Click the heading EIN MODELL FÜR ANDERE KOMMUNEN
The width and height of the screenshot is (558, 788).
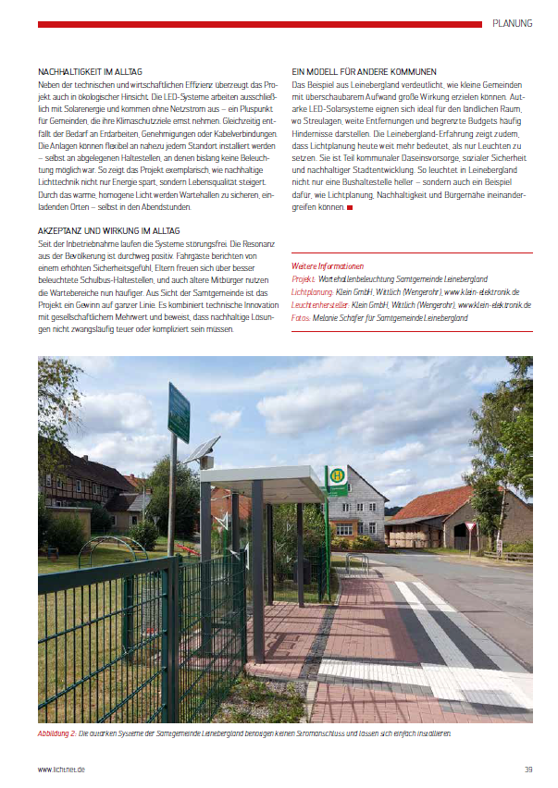pyautogui.click(x=364, y=71)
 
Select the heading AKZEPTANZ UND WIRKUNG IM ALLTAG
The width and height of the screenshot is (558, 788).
pyautogui.click(x=109, y=229)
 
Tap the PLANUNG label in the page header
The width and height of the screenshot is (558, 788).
pyautogui.click(x=512, y=22)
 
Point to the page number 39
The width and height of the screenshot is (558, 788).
pyautogui.click(x=528, y=769)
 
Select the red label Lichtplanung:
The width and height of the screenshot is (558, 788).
pyautogui.click(x=312, y=291)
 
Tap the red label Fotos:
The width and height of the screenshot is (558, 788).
pyautogui.click(x=303, y=317)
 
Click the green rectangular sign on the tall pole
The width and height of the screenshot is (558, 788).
pyautogui.click(x=179, y=412)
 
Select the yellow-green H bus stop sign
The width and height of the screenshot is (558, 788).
pyautogui.click(x=338, y=474)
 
